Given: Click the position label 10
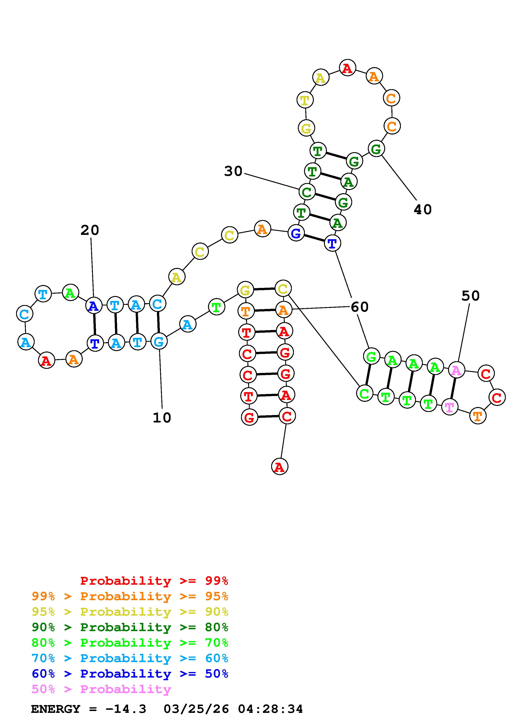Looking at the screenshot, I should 162,418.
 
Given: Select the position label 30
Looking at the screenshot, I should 233,171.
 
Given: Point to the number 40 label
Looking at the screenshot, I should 422,209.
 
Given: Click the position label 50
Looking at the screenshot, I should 470,296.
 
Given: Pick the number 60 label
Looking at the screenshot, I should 359,307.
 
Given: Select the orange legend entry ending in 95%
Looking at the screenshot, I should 130,596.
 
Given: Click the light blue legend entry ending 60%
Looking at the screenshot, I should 130,658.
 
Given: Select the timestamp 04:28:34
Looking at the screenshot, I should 270,709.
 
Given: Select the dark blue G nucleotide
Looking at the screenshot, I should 296,233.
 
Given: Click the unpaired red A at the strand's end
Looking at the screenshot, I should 279,466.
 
